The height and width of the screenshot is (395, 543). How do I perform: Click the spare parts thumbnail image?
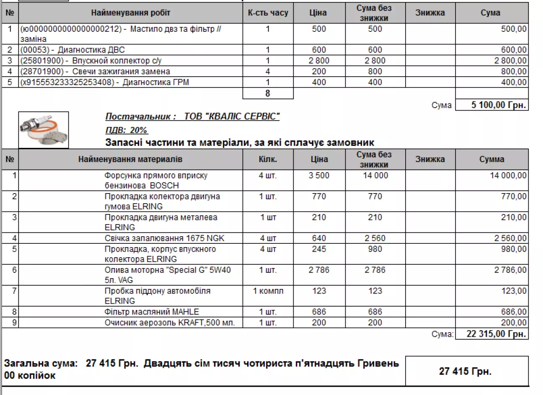point(44,130)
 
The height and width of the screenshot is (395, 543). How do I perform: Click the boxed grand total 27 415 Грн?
point(465,371)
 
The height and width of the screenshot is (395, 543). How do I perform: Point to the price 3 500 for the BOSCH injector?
point(319,176)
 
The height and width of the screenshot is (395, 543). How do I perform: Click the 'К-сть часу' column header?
point(268,13)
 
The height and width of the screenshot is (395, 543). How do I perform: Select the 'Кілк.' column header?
point(268,160)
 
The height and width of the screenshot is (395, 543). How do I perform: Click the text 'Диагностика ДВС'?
point(91,50)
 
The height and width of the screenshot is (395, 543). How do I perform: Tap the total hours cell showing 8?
point(268,93)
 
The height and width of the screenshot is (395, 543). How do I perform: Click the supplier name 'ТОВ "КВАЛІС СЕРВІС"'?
point(232,116)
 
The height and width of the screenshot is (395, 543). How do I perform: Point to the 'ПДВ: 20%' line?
point(127,130)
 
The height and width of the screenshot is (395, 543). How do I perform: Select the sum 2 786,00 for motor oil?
point(510,270)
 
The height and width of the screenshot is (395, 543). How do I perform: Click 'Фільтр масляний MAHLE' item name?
point(152,312)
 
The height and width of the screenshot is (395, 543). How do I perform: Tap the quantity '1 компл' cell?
point(268,291)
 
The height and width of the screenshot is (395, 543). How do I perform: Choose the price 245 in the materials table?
point(319,249)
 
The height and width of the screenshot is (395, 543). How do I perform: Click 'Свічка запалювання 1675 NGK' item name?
point(164,238)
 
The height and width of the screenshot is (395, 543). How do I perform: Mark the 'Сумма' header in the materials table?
point(491,160)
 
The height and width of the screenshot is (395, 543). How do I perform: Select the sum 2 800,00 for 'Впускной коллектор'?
point(510,61)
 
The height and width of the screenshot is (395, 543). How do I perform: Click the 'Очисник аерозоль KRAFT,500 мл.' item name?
point(170,323)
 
